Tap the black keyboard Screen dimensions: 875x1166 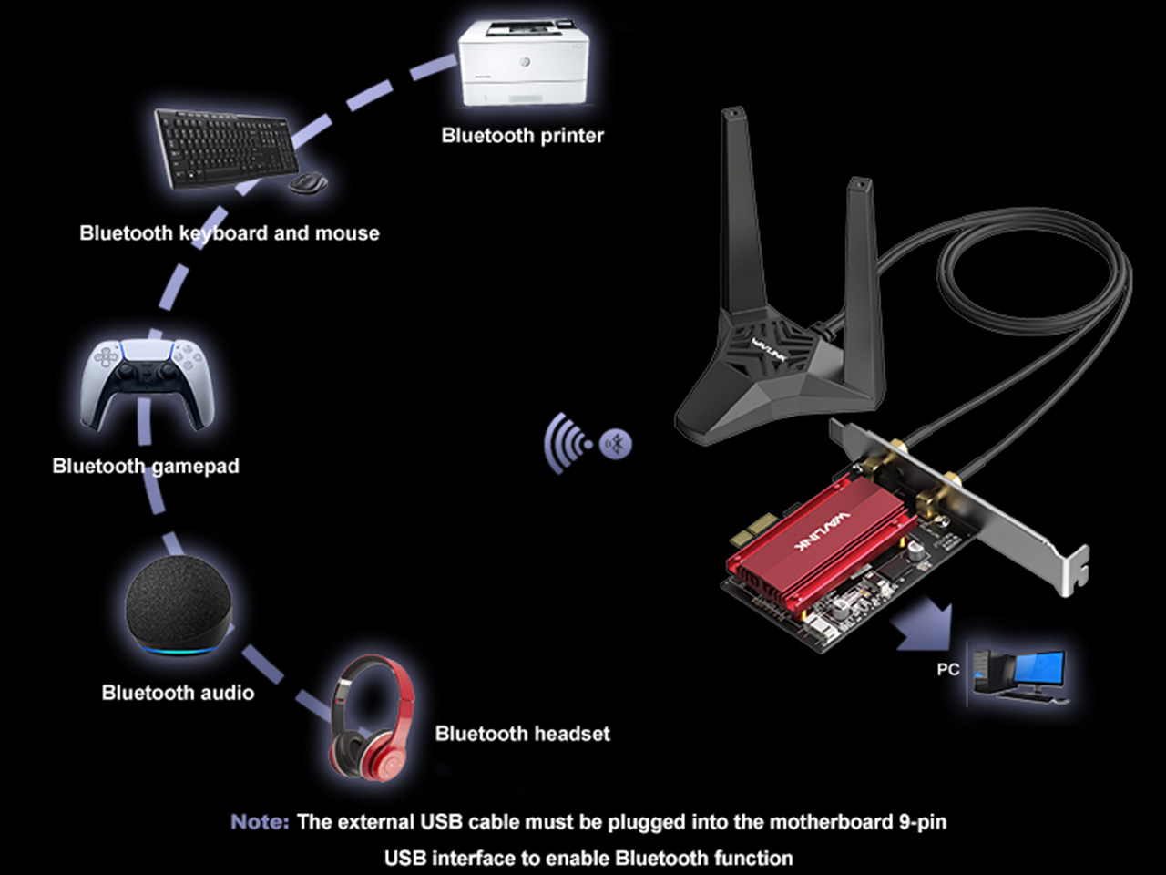coord(226,148)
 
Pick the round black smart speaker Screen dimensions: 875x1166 coord(177,602)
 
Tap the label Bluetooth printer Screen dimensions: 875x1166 coord(522,136)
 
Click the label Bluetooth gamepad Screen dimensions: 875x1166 coord(146,466)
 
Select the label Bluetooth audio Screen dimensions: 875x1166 coord(178,693)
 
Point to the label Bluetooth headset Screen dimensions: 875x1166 coord(522,734)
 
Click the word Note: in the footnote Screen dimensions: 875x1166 coord(260,822)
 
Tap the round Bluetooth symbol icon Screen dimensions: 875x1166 coord(618,445)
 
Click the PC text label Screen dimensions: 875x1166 coord(947,669)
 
